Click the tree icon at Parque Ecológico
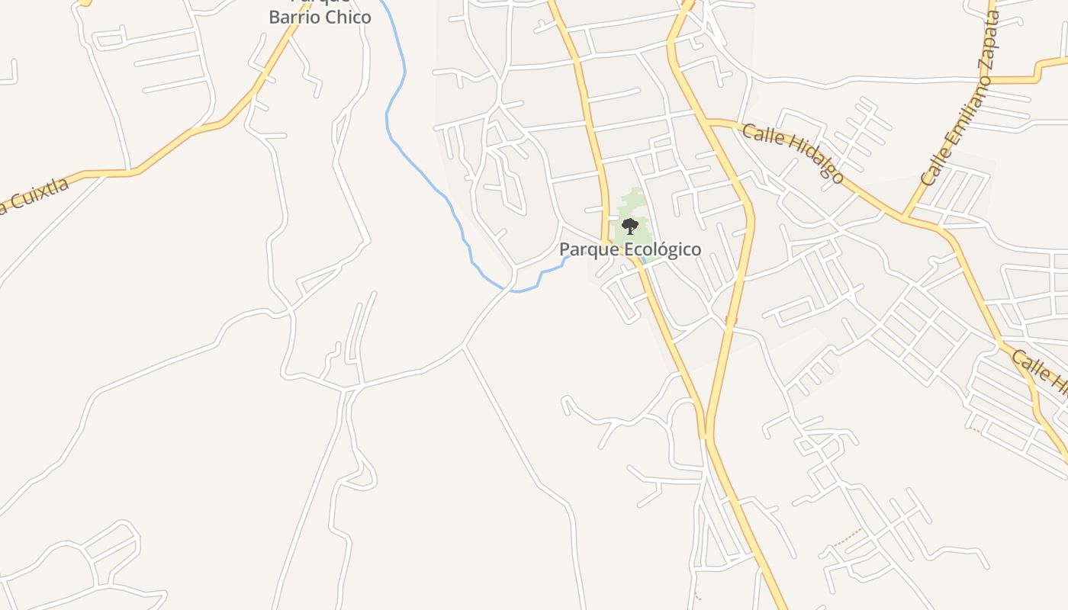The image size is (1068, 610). [629, 226]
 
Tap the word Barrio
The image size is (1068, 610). [297, 17]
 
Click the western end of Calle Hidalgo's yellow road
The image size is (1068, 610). [709, 120]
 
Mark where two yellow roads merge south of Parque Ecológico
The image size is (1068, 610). [705, 437]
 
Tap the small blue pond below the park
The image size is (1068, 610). [644, 260]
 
